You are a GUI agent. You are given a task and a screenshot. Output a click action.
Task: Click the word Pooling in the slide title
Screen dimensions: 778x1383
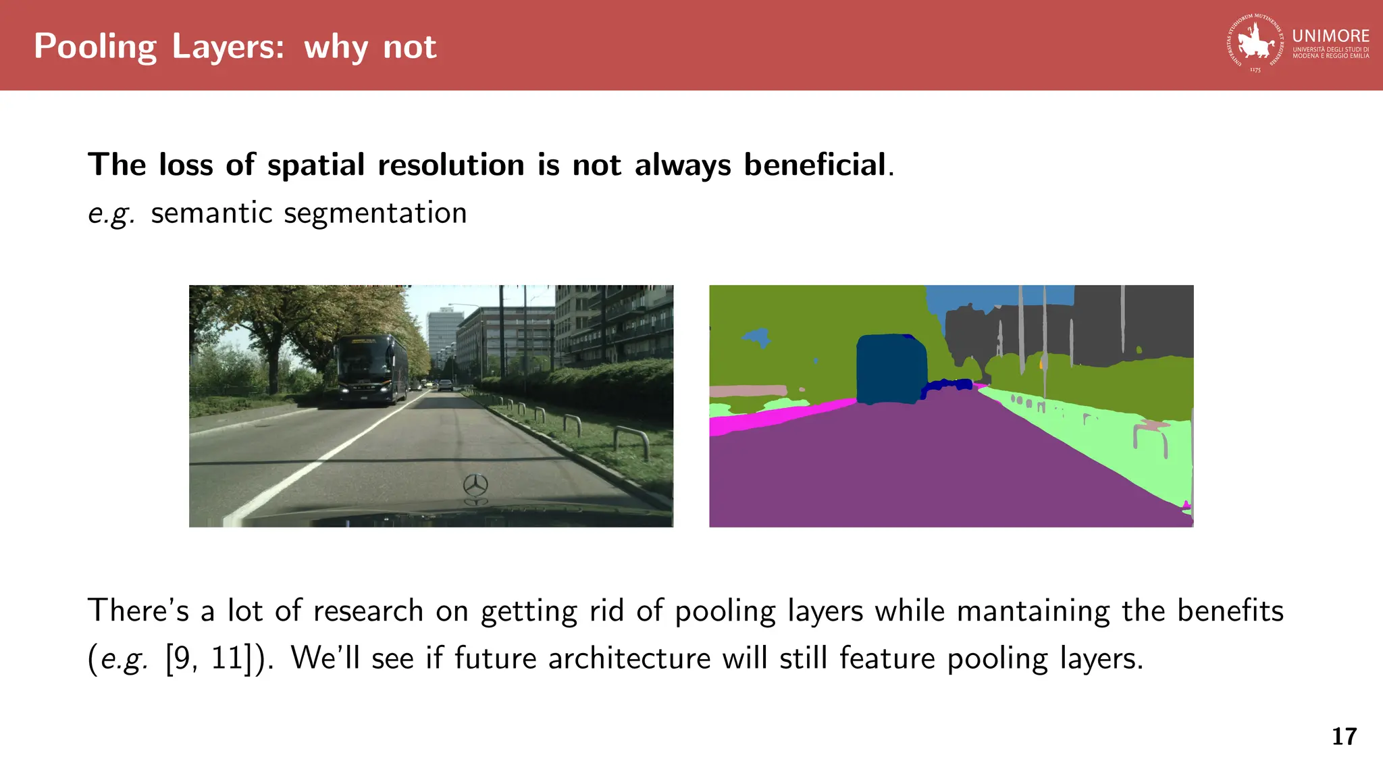(95, 47)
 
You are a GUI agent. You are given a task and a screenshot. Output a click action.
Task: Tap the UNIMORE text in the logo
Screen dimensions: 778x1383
(1330, 36)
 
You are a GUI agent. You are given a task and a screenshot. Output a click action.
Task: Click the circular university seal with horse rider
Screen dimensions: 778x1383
(1255, 43)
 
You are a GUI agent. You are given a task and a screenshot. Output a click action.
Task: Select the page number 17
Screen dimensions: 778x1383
(1344, 736)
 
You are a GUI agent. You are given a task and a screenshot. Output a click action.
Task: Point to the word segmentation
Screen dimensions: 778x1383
(375, 213)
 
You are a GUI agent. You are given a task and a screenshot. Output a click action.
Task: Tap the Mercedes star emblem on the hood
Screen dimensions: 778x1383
(475, 485)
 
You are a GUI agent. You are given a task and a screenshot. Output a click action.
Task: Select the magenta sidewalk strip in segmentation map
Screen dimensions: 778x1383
(777, 417)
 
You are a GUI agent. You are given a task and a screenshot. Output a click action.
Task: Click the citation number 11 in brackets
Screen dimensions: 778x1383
(226, 658)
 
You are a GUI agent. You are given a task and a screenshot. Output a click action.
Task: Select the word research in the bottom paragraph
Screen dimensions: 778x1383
(368, 611)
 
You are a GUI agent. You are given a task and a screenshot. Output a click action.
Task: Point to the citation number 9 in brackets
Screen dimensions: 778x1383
(181, 658)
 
